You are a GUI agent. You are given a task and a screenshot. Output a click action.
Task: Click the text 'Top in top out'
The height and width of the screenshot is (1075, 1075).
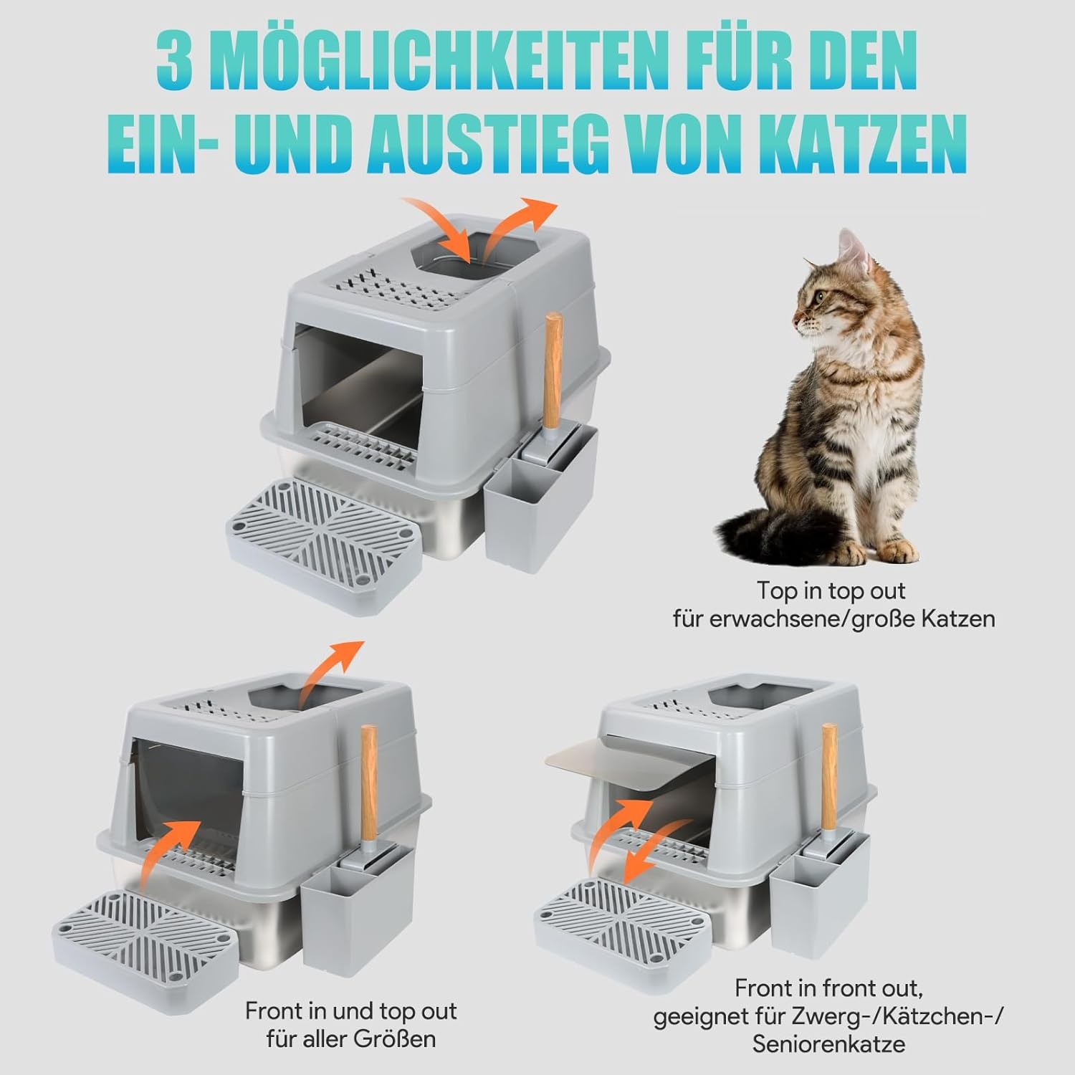(831, 591)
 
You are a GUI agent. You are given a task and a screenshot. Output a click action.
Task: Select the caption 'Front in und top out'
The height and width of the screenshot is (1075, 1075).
(350, 1011)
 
